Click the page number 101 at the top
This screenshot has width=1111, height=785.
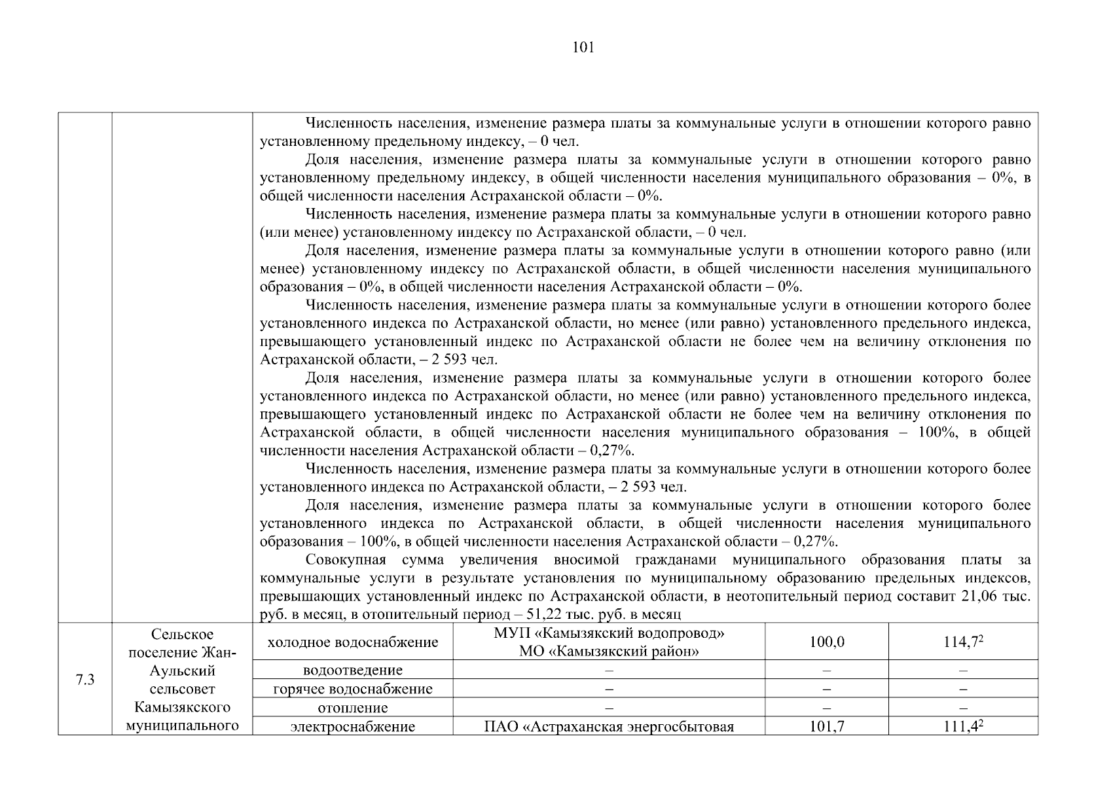click(x=583, y=47)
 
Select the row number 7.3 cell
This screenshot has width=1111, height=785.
click(x=85, y=680)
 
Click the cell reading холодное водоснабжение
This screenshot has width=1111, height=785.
click(x=353, y=642)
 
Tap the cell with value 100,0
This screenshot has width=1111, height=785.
click(x=826, y=642)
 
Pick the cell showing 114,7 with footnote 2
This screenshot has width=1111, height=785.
click(x=963, y=642)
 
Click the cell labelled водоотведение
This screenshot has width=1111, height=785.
click(x=353, y=671)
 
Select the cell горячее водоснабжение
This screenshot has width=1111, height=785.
click(x=353, y=689)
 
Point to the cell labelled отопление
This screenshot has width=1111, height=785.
click(x=353, y=708)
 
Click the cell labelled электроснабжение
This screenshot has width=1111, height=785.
click(x=353, y=727)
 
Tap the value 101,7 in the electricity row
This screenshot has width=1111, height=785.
click(x=826, y=727)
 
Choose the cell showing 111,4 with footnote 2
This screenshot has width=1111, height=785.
click(x=963, y=727)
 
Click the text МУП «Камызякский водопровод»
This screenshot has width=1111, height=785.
click(x=609, y=634)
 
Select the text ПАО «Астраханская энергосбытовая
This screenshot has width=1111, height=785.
click(x=609, y=727)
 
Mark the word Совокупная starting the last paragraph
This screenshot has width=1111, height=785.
click(x=345, y=560)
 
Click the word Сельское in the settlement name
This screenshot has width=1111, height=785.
click(x=182, y=635)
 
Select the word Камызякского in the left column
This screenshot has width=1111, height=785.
click(x=182, y=708)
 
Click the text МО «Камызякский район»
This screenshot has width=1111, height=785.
click(x=609, y=652)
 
